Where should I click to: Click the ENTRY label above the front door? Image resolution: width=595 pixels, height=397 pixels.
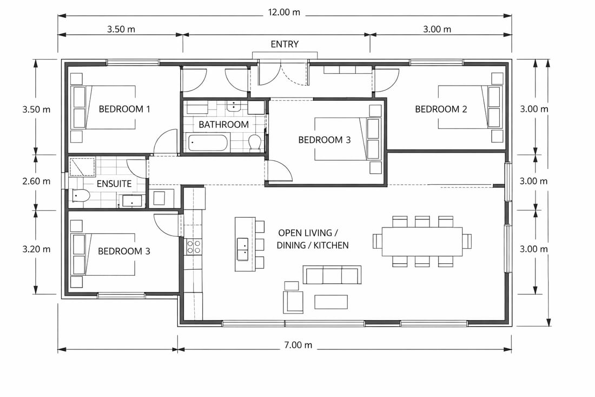coord(285,44)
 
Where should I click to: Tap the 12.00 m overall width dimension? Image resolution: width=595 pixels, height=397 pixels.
coord(284,12)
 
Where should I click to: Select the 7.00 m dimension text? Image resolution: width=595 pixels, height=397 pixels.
coord(298,345)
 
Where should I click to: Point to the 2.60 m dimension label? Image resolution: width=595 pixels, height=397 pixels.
coord(36,181)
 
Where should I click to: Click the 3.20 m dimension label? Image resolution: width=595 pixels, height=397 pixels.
coord(36,249)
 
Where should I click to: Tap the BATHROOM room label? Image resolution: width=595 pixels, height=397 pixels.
coord(223,125)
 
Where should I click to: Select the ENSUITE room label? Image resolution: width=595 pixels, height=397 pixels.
coord(114,184)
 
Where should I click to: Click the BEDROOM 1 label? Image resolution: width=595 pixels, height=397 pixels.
coord(124,109)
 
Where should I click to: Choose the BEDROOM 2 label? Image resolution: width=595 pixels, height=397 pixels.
coord(441,109)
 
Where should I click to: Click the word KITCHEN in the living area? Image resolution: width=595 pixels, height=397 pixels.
coord(331,245)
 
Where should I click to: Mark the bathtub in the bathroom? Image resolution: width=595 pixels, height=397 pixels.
coord(208,142)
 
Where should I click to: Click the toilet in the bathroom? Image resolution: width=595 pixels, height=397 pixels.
coord(254,143)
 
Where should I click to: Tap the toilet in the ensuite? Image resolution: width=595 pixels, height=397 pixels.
coord(80,196)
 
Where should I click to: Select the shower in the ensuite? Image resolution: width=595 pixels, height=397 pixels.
coord(82,167)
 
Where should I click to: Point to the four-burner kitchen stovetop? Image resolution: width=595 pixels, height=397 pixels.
coord(194,247)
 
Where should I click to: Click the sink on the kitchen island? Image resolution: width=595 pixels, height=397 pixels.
coord(242,249)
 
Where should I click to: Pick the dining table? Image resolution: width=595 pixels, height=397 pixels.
coord(422,242)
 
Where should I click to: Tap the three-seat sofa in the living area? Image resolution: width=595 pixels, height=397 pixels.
coord(332,275)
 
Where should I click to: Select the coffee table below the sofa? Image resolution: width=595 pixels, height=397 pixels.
coord(331,302)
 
